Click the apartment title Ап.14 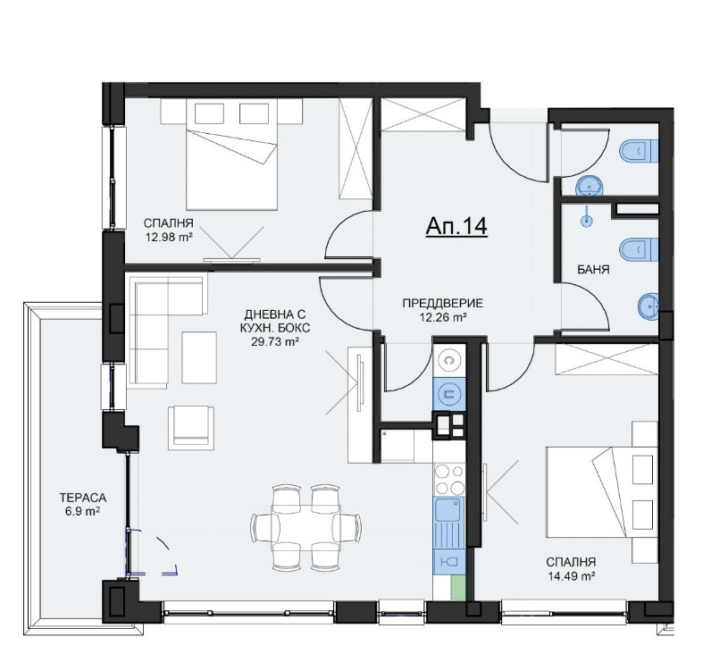(x=456, y=226)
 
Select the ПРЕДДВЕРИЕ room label (x=443, y=303)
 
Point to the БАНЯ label (x=593, y=270)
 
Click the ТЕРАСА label (x=83, y=498)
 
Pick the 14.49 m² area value (x=571, y=576)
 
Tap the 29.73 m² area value (x=275, y=341)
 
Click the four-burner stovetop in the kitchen (x=449, y=480)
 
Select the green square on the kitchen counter (x=458, y=587)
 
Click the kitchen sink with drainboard (x=449, y=523)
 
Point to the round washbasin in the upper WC (x=590, y=186)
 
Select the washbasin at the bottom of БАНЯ (x=648, y=307)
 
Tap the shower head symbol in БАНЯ (x=587, y=218)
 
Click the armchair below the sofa (x=191, y=427)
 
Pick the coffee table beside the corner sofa (x=199, y=357)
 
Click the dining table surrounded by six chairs (x=305, y=527)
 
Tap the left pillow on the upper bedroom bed (x=209, y=113)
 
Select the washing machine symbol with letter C (x=449, y=360)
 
